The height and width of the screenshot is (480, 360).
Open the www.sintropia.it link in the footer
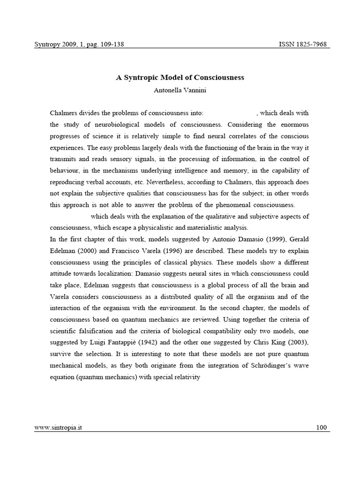(58, 427)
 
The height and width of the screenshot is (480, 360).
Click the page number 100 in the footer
(322, 427)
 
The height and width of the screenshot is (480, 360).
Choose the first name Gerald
(298, 239)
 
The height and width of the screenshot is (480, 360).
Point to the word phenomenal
(234, 205)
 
